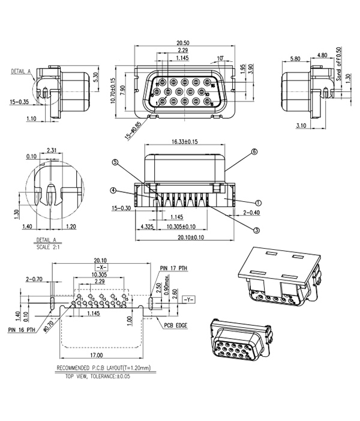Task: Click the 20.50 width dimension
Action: [183, 43]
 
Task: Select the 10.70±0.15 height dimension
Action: [113, 91]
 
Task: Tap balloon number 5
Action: [115, 162]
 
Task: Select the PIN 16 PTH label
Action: [22, 330]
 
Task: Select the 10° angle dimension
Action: [220, 58]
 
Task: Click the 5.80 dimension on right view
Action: [295, 59]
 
